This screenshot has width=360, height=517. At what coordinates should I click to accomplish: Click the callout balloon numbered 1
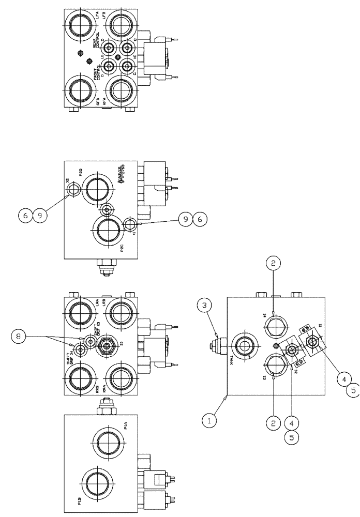point(209,421)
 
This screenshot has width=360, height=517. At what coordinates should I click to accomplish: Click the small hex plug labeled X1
point(131,223)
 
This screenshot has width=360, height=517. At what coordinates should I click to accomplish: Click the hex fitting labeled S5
point(107,345)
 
